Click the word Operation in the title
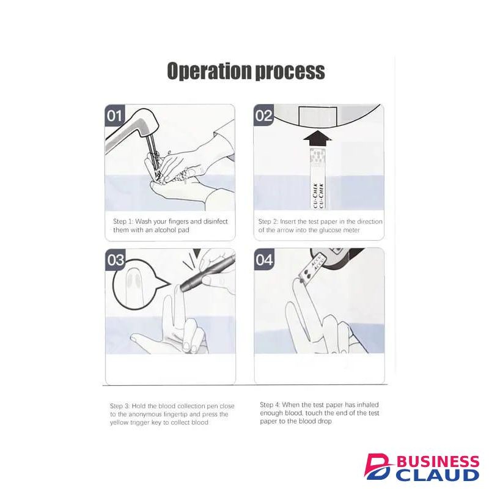click(x=210, y=71)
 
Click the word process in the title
click(x=290, y=72)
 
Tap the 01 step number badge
click(x=114, y=116)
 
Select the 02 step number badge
click(x=263, y=116)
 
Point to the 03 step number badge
click(x=116, y=259)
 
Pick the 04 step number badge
click(x=265, y=259)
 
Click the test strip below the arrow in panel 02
click(x=317, y=178)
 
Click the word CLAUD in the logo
click(x=439, y=475)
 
